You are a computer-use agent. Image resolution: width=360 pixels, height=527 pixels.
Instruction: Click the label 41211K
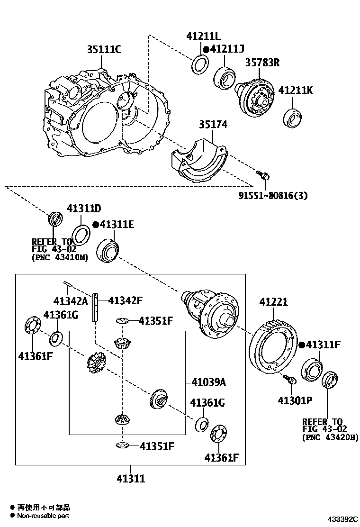295,90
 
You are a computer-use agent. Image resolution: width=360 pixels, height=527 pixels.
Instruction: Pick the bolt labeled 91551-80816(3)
264,176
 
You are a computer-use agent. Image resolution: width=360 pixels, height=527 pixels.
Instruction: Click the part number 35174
213,125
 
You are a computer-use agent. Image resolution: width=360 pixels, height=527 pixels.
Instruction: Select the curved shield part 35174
199,161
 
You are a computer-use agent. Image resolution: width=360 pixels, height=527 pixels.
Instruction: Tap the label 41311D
84,209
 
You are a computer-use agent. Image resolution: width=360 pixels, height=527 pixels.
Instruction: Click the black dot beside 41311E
95,225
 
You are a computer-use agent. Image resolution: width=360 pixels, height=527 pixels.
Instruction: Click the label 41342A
71,300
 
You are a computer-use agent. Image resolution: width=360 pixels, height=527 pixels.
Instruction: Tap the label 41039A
208,382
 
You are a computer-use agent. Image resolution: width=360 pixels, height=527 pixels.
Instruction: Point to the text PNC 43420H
330,438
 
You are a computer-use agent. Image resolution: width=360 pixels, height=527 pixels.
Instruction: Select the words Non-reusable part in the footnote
44,515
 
